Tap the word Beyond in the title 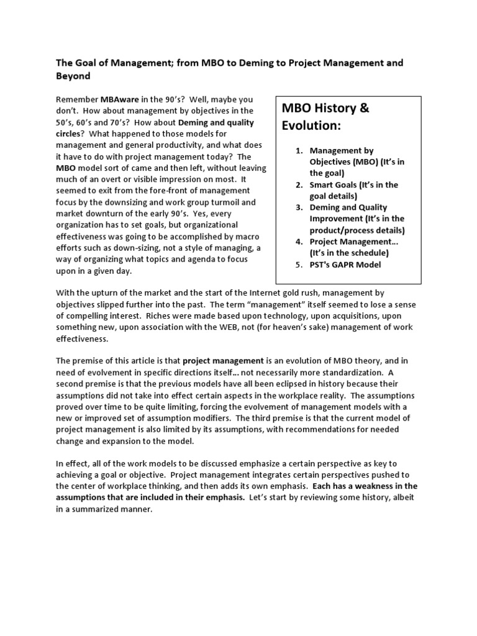tap(73, 76)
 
